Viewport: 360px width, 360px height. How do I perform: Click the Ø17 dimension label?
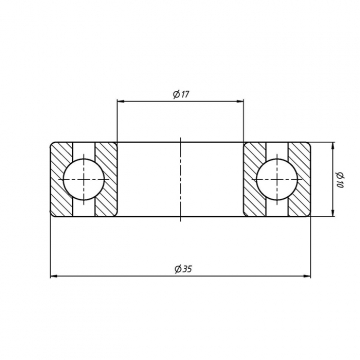pyautogui.click(x=181, y=94)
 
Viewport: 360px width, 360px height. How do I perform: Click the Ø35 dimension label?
pyautogui.click(x=183, y=269)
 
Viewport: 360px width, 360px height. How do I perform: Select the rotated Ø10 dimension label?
pyautogui.click(x=340, y=179)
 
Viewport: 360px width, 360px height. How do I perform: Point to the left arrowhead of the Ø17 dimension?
pyautogui.click(x=120, y=101)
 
